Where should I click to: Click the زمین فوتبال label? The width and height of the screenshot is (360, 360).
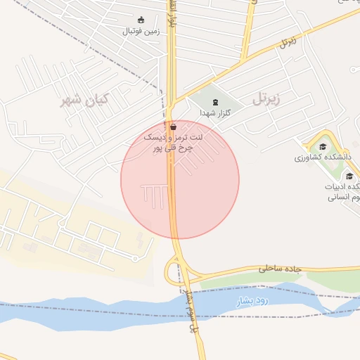click(x=141, y=31)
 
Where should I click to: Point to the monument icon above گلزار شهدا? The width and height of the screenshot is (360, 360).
click(x=214, y=102)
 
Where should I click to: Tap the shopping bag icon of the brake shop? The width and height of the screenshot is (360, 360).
click(x=173, y=128)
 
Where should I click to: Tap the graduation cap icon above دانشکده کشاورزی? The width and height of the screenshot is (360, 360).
click(x=323, y=147)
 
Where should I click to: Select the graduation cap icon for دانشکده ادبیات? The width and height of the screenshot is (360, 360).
click(x=349, y=175)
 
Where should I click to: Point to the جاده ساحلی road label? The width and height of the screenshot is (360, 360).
click(x=280, y=268)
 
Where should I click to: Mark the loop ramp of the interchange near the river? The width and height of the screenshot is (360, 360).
click(x=172, y=271)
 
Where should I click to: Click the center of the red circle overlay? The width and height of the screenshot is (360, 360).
click(x=180, y=180)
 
